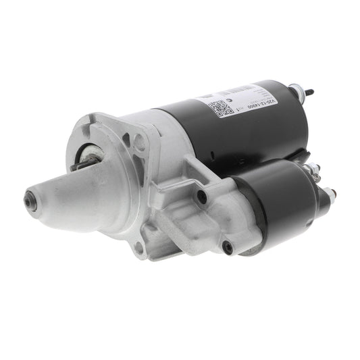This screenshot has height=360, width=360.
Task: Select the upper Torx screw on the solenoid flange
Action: [x=201, y=197]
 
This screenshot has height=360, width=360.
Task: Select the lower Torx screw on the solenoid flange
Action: [x=227, y=247]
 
